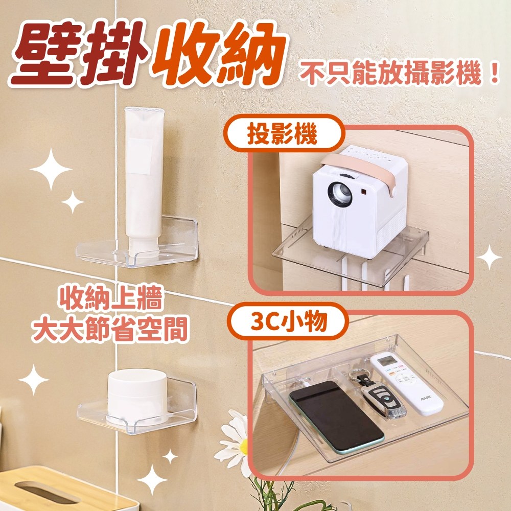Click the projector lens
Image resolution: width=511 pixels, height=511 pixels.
pyautogui.click(x=340, y=194)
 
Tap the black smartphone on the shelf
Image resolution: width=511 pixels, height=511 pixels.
pyautogui.click(x=336, y=417)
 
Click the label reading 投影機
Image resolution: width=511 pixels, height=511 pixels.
pyautogui.click(x=282, y=134)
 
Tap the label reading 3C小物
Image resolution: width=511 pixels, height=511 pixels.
pyautogui.click(x=289, y=321)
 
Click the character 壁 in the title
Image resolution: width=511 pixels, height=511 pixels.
pyautogui.click(x=43, y=55)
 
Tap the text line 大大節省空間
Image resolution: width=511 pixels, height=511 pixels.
pyautogui.click(x=110, y=329)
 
